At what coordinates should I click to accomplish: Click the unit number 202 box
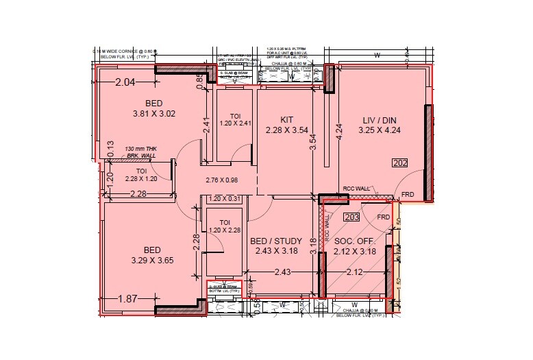400,163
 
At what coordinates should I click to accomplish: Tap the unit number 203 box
351,217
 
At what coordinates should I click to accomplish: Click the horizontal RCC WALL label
356,189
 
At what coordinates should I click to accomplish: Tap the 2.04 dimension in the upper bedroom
126,83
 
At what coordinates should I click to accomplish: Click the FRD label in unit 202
408,194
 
